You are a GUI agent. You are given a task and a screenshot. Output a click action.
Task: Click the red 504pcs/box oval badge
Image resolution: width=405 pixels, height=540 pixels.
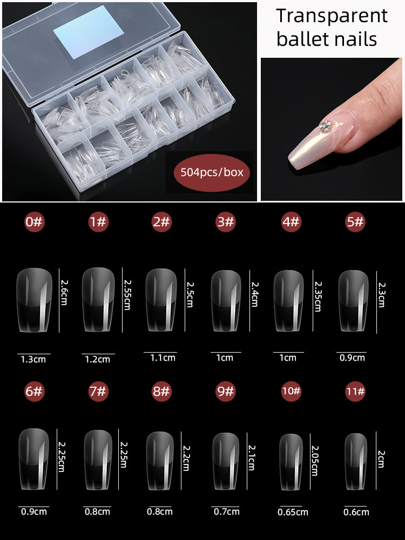pos(212,173)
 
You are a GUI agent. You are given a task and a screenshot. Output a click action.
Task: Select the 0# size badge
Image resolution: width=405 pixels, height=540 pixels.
pos(34,222)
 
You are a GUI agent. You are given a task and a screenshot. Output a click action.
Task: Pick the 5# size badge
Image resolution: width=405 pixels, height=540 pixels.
pos(355,222)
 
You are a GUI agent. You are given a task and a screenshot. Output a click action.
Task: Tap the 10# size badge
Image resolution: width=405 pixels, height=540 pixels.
pos(292,391)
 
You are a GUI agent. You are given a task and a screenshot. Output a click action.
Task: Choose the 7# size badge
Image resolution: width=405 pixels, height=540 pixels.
pos(98,391)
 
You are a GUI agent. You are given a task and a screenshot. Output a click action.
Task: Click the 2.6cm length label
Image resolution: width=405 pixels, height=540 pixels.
pos(64,292)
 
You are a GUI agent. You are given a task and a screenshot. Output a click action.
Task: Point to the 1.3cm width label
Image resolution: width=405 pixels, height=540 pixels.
pos(33,360)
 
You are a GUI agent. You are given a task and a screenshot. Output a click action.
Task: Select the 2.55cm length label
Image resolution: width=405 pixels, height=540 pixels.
pos(127,295)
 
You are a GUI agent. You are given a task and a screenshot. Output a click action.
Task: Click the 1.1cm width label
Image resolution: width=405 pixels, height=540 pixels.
pos(163,358)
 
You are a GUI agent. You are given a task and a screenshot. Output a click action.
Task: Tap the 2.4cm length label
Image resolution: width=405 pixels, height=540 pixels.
pos(255,294)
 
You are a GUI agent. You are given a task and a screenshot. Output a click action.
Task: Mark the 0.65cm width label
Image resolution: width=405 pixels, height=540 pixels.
pos(293,512)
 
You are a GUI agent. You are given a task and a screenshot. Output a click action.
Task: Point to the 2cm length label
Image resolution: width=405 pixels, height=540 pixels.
pos(381,458)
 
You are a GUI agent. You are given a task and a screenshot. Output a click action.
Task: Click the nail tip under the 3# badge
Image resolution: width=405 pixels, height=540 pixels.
pos(226,301)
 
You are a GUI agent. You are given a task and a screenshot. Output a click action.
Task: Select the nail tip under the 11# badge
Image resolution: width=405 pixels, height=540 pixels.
pos(356,462)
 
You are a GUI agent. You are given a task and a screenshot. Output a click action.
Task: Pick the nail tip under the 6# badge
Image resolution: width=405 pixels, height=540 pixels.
pos(33,458)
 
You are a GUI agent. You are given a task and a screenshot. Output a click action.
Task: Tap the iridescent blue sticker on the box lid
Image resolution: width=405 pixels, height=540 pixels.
pos(89,32)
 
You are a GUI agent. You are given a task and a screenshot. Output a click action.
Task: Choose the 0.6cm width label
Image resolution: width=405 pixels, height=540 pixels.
pos(356,512)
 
